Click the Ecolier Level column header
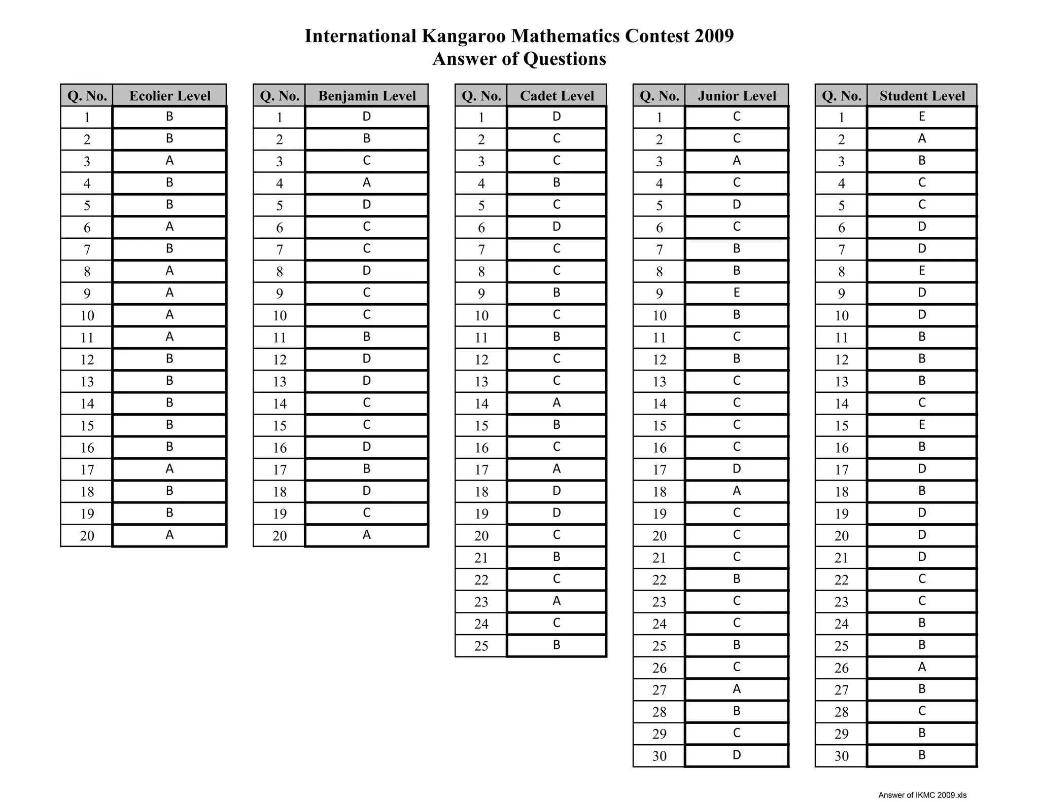[169, 96]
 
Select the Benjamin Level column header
[367, 96]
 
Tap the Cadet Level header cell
[557, 96]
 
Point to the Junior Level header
[737, 96]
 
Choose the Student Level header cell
[922, 96]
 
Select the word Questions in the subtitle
[564, 59]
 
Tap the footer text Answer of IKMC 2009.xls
[922, 795]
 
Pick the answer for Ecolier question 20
[169, 535]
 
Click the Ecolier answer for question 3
[169, 161]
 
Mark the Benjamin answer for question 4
[367, 183]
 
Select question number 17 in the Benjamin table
[280, 469]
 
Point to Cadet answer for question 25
[557, 645]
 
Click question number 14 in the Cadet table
[481, 404]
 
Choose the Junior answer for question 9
[737, 293]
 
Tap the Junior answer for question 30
[737, 755]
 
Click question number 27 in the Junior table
[659, 689]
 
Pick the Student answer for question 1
[922, 117]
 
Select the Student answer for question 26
[922, 667]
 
